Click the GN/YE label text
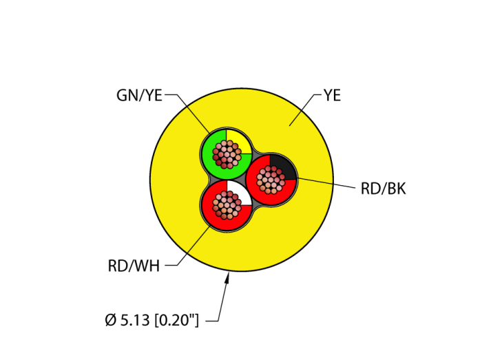click(x=139, y=96)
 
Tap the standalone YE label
click(x=332, y=96)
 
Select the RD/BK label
click(x=383, y=189)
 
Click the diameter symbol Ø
click(x=110, y=321)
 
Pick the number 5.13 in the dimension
click(x=134, y=321)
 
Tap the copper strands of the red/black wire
click(x=271, y=180)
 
